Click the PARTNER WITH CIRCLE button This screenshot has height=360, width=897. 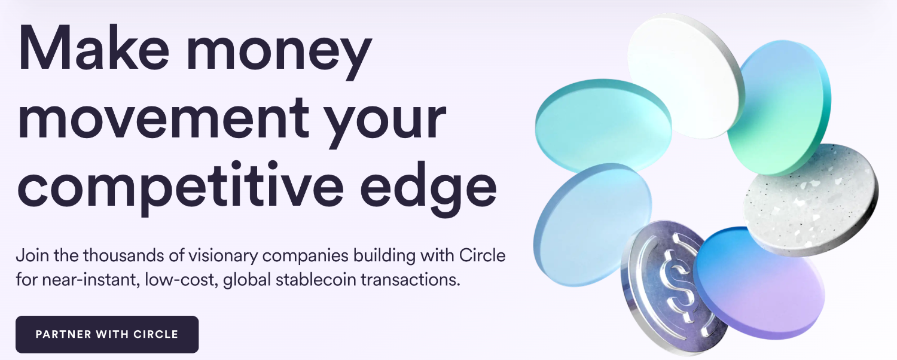point(107,334)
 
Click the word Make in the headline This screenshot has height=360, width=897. point(93,49)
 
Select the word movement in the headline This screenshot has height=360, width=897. point(164,118)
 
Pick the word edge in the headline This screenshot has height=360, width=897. point(429,188)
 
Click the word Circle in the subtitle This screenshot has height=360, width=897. point(482,255)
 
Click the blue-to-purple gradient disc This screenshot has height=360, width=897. point(759,283)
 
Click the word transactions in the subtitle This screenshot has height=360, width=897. point(410,279)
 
